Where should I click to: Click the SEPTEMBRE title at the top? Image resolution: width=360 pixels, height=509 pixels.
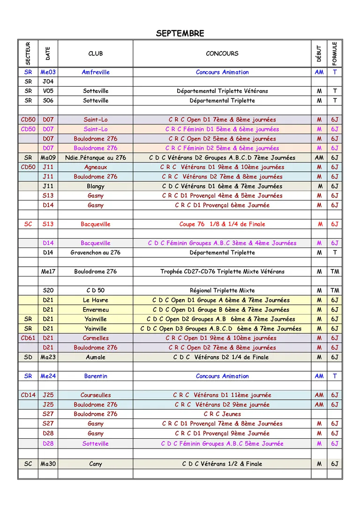pos(180,33)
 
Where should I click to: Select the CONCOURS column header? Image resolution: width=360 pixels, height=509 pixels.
pos(222,53)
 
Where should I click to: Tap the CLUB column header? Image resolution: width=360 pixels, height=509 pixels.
pos(96,53)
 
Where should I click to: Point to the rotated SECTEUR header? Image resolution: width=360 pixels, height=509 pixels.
pos(28,53)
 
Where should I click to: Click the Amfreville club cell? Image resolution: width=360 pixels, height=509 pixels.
pos(96,72)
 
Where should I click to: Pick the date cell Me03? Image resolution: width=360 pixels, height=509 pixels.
pos(48,72)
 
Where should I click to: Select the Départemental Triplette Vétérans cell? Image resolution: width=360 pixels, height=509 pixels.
pos(222,91)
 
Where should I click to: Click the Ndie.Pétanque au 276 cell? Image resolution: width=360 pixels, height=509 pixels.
pos(96,157)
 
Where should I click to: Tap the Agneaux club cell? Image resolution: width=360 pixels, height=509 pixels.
pos(96,167)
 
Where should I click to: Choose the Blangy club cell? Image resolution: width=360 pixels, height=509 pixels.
pos(96,186)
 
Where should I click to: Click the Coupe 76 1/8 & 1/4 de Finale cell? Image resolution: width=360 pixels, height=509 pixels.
pos(222,224)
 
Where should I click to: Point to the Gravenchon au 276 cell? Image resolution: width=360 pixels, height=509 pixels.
pos(96,252)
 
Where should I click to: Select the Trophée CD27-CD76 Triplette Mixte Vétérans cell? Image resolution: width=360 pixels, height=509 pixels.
pos(222,271)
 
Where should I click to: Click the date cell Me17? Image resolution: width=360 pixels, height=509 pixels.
pos(48,271)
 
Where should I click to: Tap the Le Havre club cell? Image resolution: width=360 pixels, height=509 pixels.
pos(96,300)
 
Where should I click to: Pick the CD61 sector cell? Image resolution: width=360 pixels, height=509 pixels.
pos(28,338)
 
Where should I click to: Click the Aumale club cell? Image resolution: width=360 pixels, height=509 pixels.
pos(96,357)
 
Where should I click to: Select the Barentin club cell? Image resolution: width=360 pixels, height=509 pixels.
pos(96,376)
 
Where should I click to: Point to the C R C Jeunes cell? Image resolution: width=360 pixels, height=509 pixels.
pos(222,414)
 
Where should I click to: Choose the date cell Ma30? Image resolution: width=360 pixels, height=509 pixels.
pos(48,464)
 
